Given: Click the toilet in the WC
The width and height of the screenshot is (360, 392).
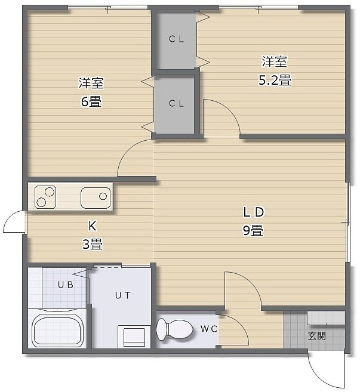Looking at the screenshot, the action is pos(174,329).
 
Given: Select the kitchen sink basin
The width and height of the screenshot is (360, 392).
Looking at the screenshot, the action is pos(96,197).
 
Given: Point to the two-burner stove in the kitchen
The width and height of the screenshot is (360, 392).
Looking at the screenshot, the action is pos(45,197).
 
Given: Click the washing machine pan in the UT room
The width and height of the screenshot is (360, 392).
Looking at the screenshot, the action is pos(134,337).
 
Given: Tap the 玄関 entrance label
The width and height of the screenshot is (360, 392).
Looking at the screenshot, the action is pos(317,336).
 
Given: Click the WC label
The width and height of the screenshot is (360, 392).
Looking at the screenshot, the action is pos(208,329).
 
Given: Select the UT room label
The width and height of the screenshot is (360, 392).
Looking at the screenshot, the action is pos(122,295).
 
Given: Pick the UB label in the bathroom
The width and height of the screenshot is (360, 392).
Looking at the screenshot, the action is pos(66,285).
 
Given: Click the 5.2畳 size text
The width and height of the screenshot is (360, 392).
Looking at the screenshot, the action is pos(275,81).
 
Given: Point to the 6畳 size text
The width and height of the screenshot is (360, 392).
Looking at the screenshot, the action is pos(91,102).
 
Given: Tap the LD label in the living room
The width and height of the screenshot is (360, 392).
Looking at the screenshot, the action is pos(254,212).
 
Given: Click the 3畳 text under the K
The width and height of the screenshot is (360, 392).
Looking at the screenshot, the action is pos(93,244).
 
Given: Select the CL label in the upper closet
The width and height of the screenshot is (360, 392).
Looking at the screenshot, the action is pos(176,39).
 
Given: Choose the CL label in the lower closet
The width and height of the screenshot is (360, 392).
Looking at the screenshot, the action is pos(176,103).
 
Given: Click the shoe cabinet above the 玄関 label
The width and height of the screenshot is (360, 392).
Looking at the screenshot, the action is pos(326,317).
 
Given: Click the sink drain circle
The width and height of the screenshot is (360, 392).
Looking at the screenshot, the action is pos(103,196).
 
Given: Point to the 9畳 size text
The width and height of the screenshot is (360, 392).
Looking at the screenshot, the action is pos(253,230).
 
